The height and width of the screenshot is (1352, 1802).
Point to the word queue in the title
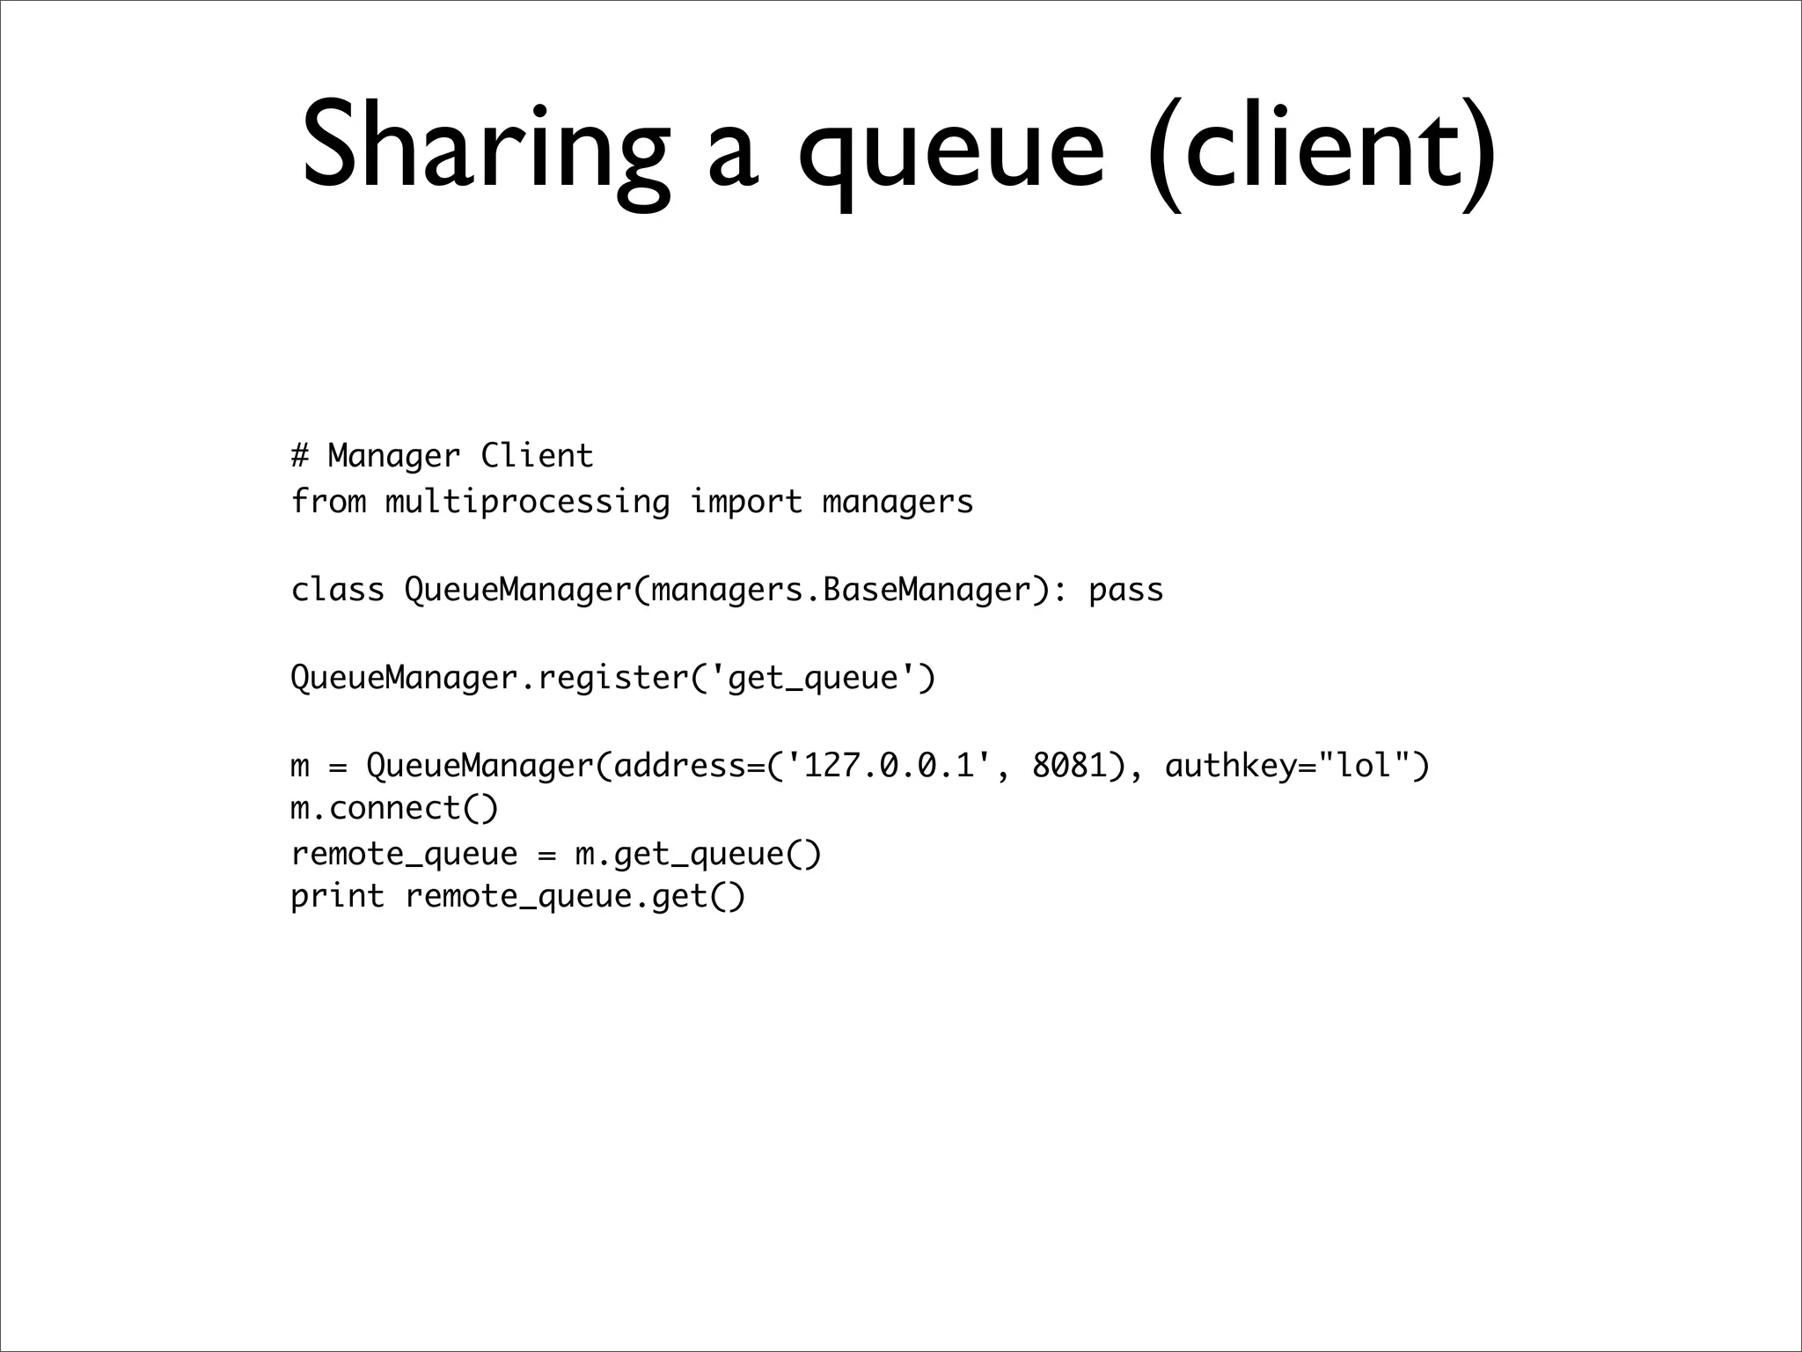coord(950,154)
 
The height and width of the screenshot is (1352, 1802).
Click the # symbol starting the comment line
coord(300,456)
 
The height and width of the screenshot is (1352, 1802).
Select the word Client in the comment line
coord(537,456)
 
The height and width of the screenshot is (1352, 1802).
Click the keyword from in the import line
coord(328,502)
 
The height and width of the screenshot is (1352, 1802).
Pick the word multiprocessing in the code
coord(527,502)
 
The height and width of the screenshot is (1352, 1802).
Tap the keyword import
coord(745,502)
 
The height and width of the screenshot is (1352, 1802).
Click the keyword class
coord(338,590)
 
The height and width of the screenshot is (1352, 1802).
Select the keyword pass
coord(1125,590)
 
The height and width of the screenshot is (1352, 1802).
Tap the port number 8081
coord(1069,766)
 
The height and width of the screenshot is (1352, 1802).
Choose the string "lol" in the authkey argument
coord(1364,766)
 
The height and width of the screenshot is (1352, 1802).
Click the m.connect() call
coord(394,808)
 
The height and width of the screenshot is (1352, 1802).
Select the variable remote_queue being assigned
coord(404,854)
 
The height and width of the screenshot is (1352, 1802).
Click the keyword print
coord(338,896)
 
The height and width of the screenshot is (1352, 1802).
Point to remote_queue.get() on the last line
coord(575,896)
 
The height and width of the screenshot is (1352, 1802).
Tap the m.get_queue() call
coord(698,854)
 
